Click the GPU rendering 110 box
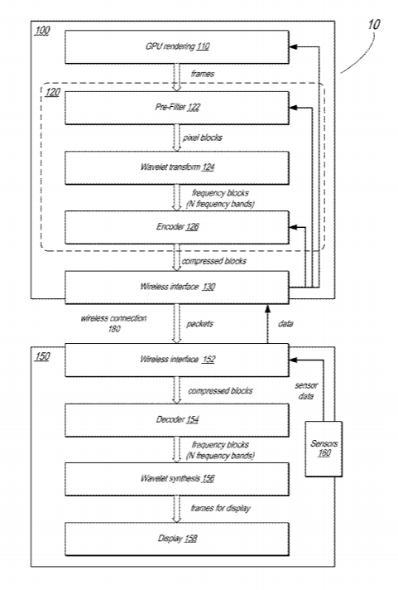(177, 46)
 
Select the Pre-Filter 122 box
(177, 108)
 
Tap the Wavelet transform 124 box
(177, 167)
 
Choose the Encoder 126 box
(177, 227)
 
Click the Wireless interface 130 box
(177, 287)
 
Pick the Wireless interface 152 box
(177, 360)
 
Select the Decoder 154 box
(177, 420)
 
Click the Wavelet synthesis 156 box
(177, 479)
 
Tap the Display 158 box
(177, 539)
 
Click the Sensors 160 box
(324, 449)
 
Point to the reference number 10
(373, 25)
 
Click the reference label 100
(42, 31)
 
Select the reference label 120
(52, 92)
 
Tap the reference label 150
(42, 356)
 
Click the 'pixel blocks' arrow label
(203, 138)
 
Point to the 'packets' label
(200, 324)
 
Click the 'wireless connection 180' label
(114, 324)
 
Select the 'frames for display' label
(220, 508)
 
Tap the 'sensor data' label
(306, 390)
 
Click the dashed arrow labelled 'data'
(267, 324)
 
